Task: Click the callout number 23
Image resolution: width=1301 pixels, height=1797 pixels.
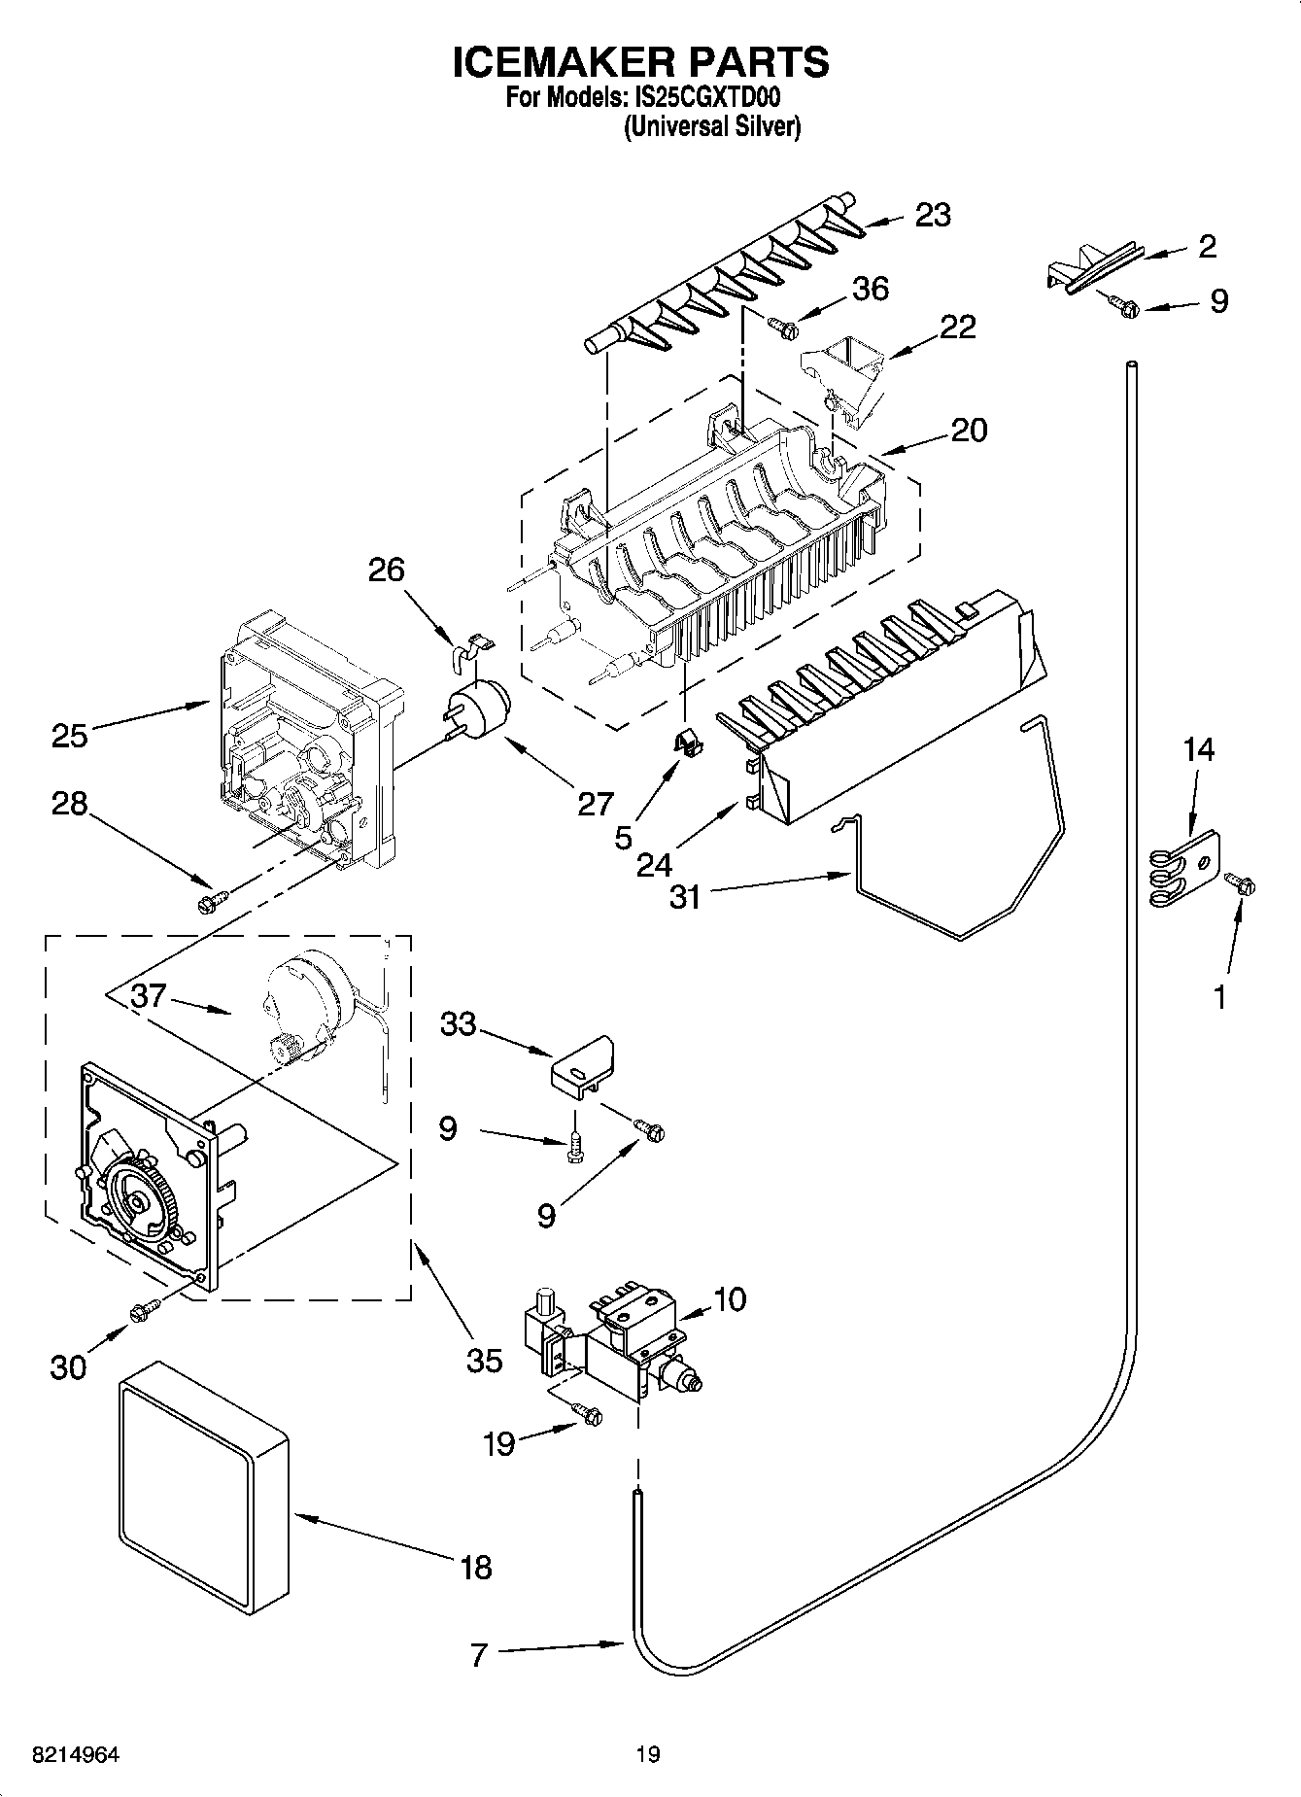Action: coord(932,215)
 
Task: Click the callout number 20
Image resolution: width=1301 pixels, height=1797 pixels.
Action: coord(968,430)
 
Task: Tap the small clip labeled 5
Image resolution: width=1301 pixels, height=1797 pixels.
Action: coord(689,741)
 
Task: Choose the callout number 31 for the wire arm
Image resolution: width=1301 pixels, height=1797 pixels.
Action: coord(685,896)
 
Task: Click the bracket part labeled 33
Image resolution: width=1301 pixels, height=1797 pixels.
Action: coord(582,1067)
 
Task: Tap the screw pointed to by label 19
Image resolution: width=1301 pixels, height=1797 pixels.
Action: coord(586,1413)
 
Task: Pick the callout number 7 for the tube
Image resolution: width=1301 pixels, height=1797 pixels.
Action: coord(478,1655)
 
